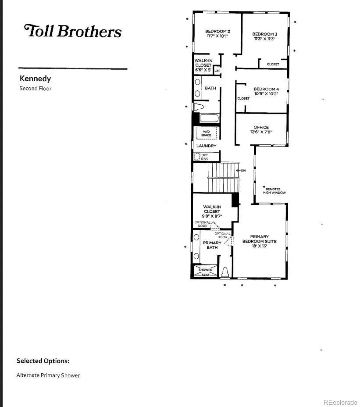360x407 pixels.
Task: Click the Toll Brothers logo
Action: point(73,31)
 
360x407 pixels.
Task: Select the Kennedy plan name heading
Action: point(36,79)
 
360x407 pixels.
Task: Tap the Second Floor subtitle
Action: point(36,88)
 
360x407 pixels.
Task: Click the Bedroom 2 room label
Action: point(217,32)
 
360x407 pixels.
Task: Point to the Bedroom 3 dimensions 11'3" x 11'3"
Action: point(264,39)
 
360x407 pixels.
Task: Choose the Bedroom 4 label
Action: point(266,89)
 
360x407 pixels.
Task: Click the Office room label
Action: point(261,127)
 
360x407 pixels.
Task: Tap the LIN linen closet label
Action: point(217,71)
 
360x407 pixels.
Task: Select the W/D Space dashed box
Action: point(206,133)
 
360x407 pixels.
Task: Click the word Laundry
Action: point(207,146)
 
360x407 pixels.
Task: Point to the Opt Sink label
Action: point(204,157)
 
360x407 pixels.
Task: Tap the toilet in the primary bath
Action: point(225,272)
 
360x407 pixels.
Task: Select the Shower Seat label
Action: point(205,272)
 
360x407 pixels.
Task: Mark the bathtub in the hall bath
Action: point(210,118)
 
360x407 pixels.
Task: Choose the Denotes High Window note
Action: point(274,191)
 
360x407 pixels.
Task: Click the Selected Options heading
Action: point(43,361)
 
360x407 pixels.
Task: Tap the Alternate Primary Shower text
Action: point(48,375)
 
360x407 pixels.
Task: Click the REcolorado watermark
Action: point(340,402)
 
